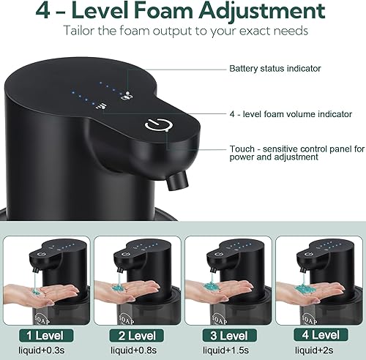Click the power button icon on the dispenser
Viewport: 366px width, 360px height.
(155, 125)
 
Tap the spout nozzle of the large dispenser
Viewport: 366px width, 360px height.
(174, 179)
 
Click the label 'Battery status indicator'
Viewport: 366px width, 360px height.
(274, 69)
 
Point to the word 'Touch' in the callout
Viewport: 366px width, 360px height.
(242, 147)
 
